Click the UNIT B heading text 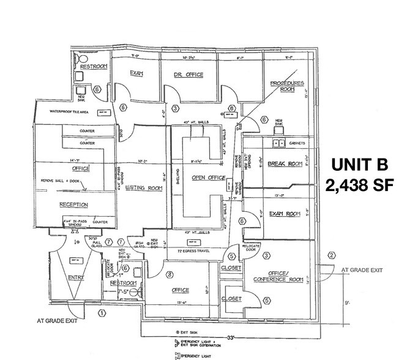click(x=359, y=164)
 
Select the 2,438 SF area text click(x=359, y=184)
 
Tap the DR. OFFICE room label click(x=189, y=75)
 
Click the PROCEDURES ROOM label click(x=287, y=86)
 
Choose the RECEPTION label click(x=75, y=204)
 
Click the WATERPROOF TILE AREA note click(x=70, y=112)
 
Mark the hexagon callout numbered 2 click(x=331, y=255)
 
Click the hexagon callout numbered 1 click(x=102, y=313)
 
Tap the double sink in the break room click(x=278, y=143)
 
